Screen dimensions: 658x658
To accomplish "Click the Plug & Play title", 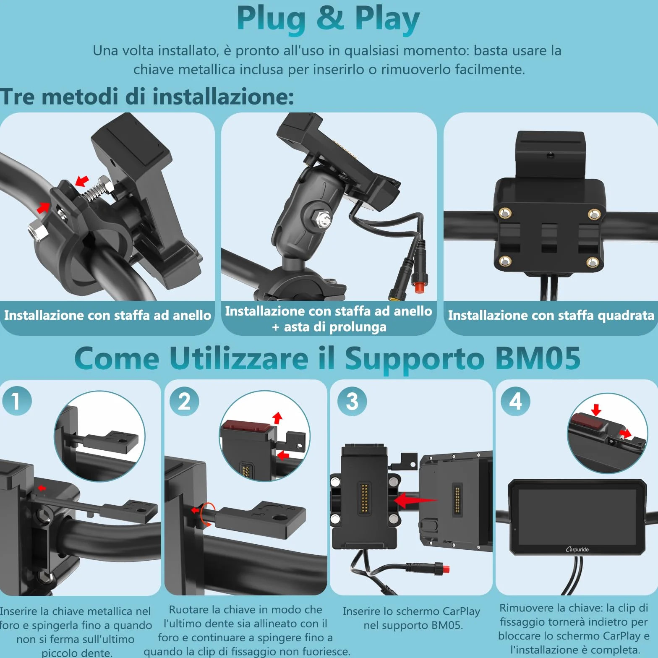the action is point(328,19).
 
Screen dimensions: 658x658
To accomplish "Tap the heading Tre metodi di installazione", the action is point(147,97).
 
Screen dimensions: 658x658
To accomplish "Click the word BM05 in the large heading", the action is point(538,358).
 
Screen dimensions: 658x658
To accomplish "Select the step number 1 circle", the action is point(17,401).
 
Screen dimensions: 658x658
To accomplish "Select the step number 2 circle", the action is point(184,401).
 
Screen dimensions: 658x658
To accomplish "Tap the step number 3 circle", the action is point(352,401).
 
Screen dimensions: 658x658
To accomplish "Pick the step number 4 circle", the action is point(516,401).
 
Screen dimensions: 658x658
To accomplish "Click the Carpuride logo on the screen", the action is point(577,549).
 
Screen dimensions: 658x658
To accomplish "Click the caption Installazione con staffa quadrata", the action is point(551,315).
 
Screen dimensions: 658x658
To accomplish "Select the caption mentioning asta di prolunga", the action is point(329,319).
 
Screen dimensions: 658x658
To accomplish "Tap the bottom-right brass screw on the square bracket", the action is point(592,263).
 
